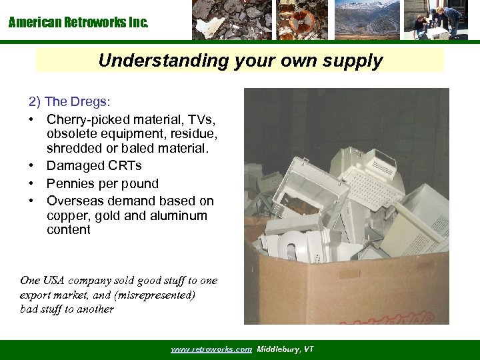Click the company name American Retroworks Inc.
tap(79, 23)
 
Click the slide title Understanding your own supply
tap(240, 61)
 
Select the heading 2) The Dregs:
tap(70, 102)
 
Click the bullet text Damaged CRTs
tap(94, 165)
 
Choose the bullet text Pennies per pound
tap(103, 183)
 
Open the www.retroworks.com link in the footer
tap(211, 349)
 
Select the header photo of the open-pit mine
tap(367, 20)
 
